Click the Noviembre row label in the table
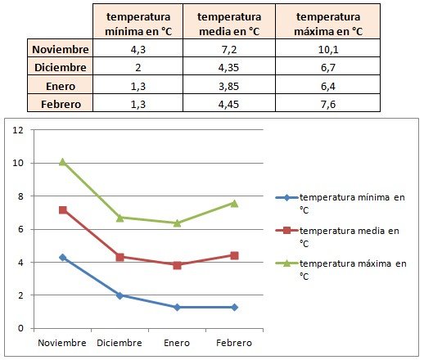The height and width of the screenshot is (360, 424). point(61,49)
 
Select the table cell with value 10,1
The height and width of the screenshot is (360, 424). point(327,49)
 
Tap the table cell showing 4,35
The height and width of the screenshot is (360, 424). point(229,67)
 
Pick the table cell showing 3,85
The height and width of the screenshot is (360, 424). point(229,86)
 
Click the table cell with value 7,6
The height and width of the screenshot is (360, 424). point(327,104)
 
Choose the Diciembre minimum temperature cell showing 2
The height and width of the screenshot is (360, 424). point(138,67)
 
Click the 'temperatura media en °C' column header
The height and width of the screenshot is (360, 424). point(229,24)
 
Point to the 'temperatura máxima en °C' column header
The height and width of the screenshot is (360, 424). point(327,24)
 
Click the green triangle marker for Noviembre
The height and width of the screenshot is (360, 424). point(63,162)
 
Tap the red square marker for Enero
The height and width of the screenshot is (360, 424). point(177,265)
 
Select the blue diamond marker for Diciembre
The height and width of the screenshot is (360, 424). point(120,295)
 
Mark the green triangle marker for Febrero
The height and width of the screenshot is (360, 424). point(234,204)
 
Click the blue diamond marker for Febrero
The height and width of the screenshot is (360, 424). point(234,307)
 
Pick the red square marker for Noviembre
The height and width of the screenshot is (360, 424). point(63,210)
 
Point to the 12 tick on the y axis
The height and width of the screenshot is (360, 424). point(18,130)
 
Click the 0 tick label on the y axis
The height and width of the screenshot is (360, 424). point(20,328)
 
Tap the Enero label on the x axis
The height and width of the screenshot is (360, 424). point(177,343)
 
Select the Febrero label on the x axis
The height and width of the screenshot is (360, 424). point(234,343)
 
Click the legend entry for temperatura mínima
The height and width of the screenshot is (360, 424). point(341,204)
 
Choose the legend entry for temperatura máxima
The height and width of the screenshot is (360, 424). point(341,270)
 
